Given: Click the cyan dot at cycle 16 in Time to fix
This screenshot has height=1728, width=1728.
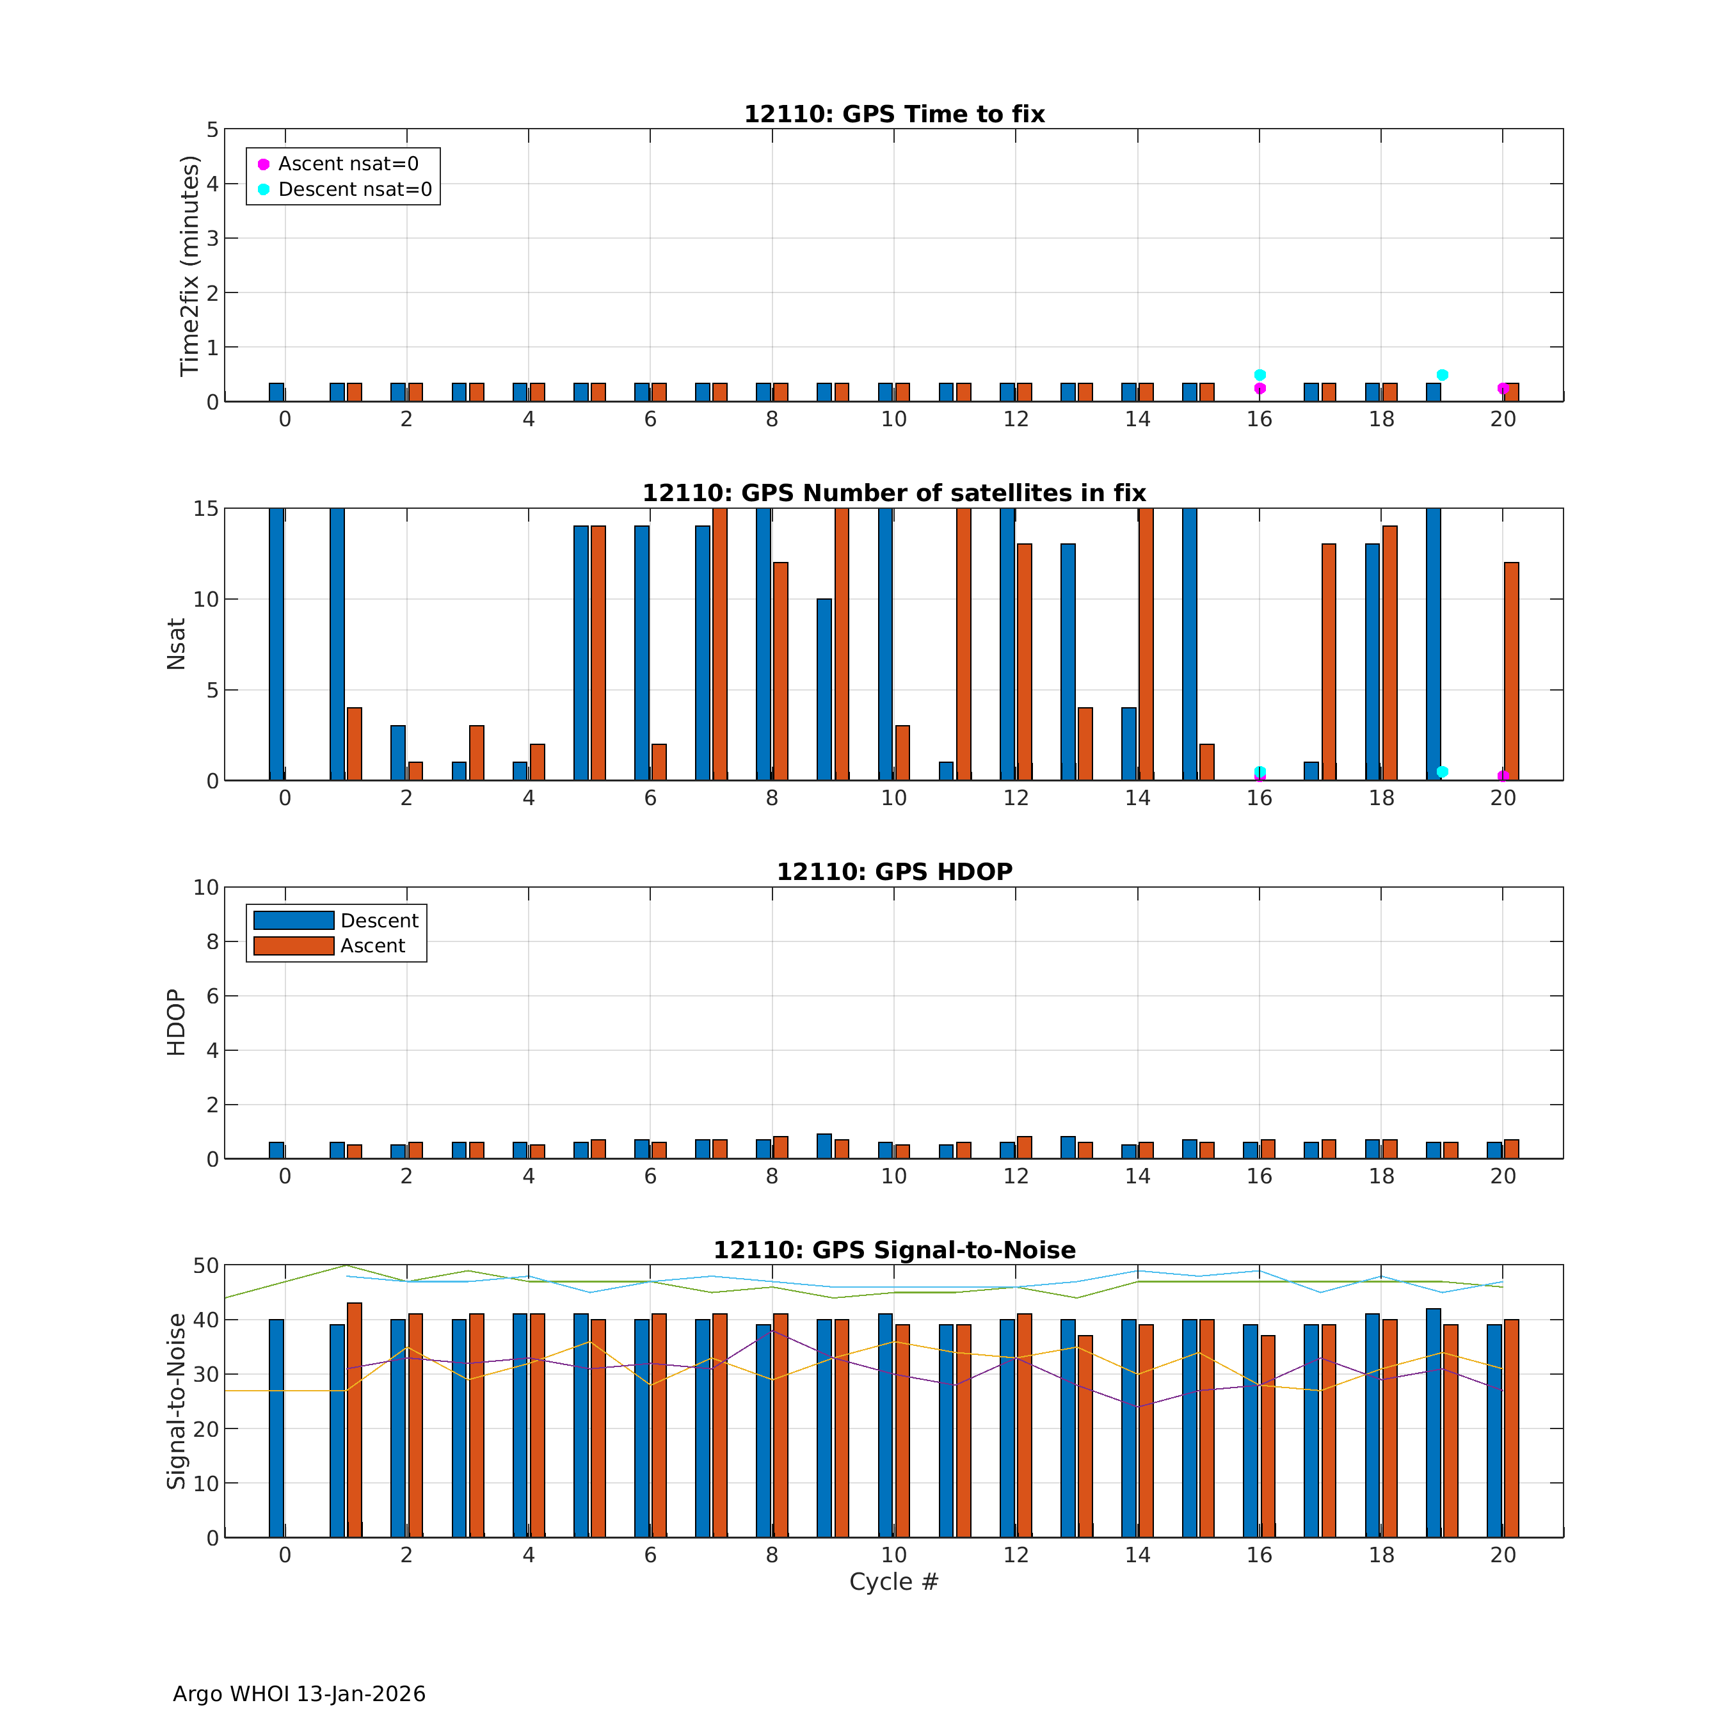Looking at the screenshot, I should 1260,375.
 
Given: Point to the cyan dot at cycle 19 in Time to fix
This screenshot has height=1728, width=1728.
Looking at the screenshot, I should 1442,375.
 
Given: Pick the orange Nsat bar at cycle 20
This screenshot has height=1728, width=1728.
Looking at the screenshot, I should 1512,671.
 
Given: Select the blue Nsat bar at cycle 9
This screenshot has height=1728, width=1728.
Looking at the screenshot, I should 824,689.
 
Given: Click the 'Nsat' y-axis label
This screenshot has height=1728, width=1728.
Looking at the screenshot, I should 176,644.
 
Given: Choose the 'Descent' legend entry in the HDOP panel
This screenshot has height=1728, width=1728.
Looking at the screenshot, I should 378,920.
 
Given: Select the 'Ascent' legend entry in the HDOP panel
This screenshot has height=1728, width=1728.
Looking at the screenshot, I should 372,945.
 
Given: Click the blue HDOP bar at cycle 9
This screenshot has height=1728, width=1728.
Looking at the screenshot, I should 824,1146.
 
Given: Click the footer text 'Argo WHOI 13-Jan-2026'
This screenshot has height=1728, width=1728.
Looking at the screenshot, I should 299,1694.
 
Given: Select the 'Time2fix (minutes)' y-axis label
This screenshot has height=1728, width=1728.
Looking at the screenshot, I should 189,266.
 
